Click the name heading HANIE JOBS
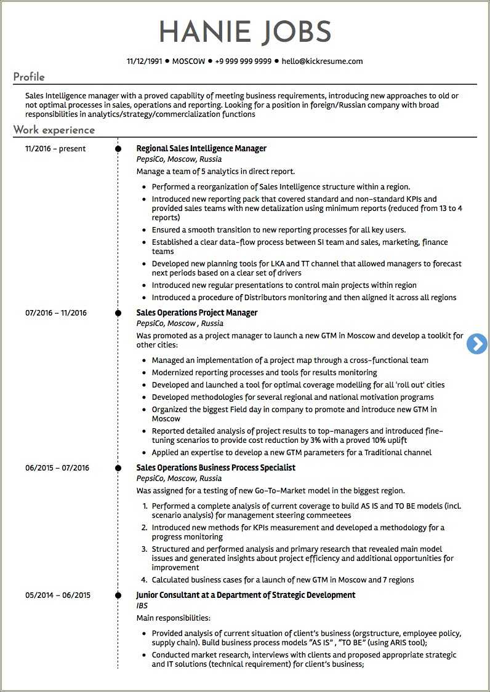tap(245, 32)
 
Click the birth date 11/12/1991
tap(145, 62)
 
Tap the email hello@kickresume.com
tap(322, 62)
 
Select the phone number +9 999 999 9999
tap(243, 62)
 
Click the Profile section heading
tap(29, 78)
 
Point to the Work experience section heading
tap(54, 130)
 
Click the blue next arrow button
tap(476, 344)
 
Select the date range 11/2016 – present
tap(55, 149)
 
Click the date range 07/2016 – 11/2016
tap(56, 313)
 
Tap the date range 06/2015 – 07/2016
tap(57, 468)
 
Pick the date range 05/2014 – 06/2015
tap(58, 595)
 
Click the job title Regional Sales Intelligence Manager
tap(201, 149)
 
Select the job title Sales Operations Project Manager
tap(196, 313)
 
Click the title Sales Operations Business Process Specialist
tap(215, 468)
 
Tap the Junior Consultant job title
tap(246, 595)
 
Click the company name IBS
tap(142, 606)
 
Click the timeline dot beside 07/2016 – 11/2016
tap(118, 313)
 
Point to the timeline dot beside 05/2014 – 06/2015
tap(118, 595)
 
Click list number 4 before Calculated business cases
tap(143, 580)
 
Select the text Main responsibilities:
tap(173, 618)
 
